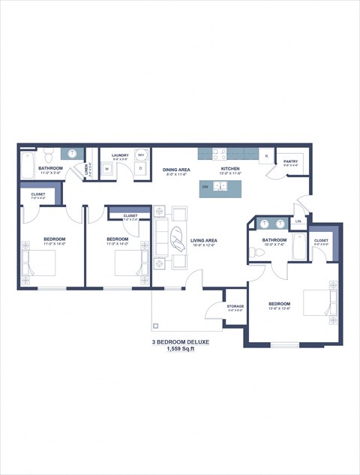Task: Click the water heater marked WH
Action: point(140,155)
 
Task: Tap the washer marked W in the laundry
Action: point(106,170)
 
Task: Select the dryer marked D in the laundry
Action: point(140,170)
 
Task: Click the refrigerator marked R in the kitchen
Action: point(266,158)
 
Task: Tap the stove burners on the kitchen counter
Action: point(220,154)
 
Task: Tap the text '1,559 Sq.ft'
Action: point(180,350)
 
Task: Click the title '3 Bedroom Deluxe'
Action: point(180,341)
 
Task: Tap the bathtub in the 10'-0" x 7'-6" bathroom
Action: point(298,247)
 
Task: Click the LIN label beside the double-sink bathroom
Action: point(298,221)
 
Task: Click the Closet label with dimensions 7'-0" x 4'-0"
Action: point(37,195)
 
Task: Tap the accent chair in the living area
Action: point(178,239)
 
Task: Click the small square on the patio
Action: point(156,326)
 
